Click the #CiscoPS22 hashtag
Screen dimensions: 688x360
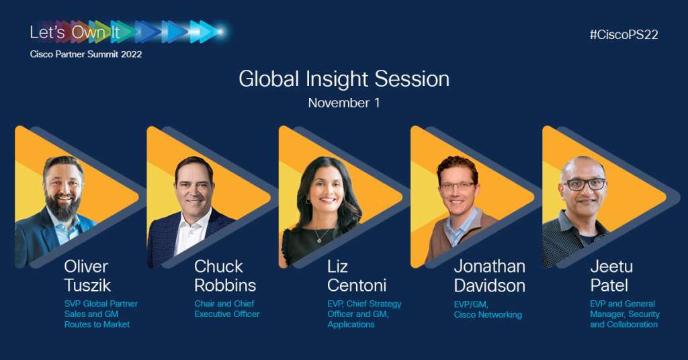(x=624, y=35)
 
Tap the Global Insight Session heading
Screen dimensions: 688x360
(x=344, y=79)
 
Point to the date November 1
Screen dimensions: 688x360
(x=344, y=103)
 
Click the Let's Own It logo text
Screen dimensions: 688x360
(x=75, y=32)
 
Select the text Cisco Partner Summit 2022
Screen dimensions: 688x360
(x=86, y=54)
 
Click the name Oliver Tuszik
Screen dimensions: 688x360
(x=87, y=276)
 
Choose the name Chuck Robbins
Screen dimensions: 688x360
(x=225, y=276)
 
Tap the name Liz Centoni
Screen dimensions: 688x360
(x=357, y=276)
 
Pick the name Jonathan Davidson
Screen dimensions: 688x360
(x=490, y=276)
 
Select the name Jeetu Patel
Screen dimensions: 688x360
(x=611, y=276)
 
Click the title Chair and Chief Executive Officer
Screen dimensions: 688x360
(x=227, y=309)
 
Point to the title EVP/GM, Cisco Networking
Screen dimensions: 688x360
(x=488, y=310)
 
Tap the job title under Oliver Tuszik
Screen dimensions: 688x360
(x=101, y=314)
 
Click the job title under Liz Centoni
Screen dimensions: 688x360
(x=364, y=314)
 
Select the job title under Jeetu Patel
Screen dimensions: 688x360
(x=625, y=314)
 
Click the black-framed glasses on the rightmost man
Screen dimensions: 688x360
(x=583, y=184)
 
